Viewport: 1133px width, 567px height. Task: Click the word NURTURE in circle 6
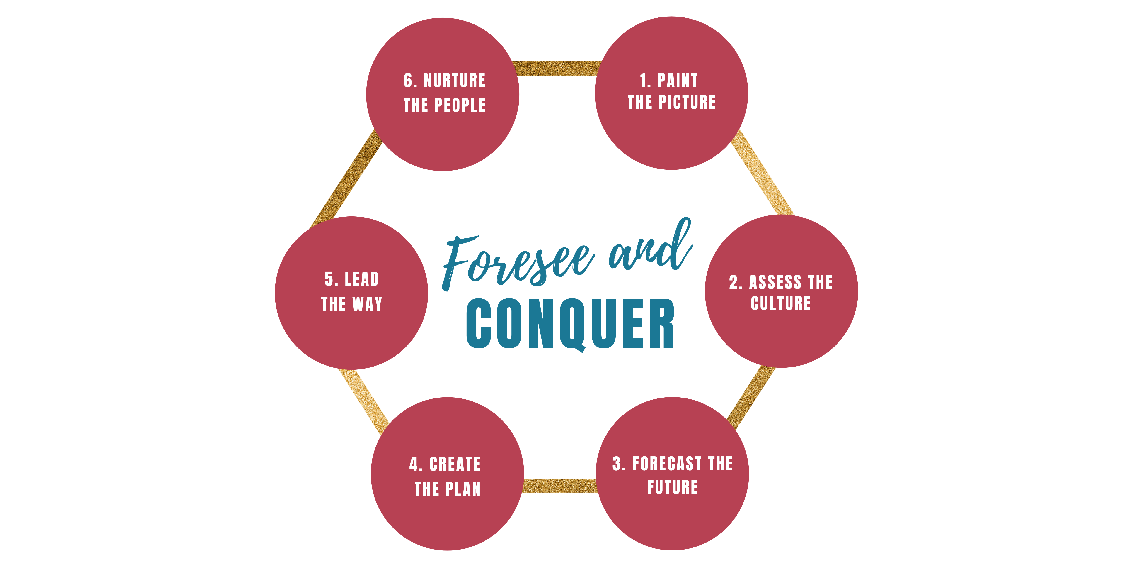455,81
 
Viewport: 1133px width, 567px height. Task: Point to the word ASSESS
775,282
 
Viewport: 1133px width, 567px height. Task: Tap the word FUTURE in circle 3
673,487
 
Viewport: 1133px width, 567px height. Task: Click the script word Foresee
517,262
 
